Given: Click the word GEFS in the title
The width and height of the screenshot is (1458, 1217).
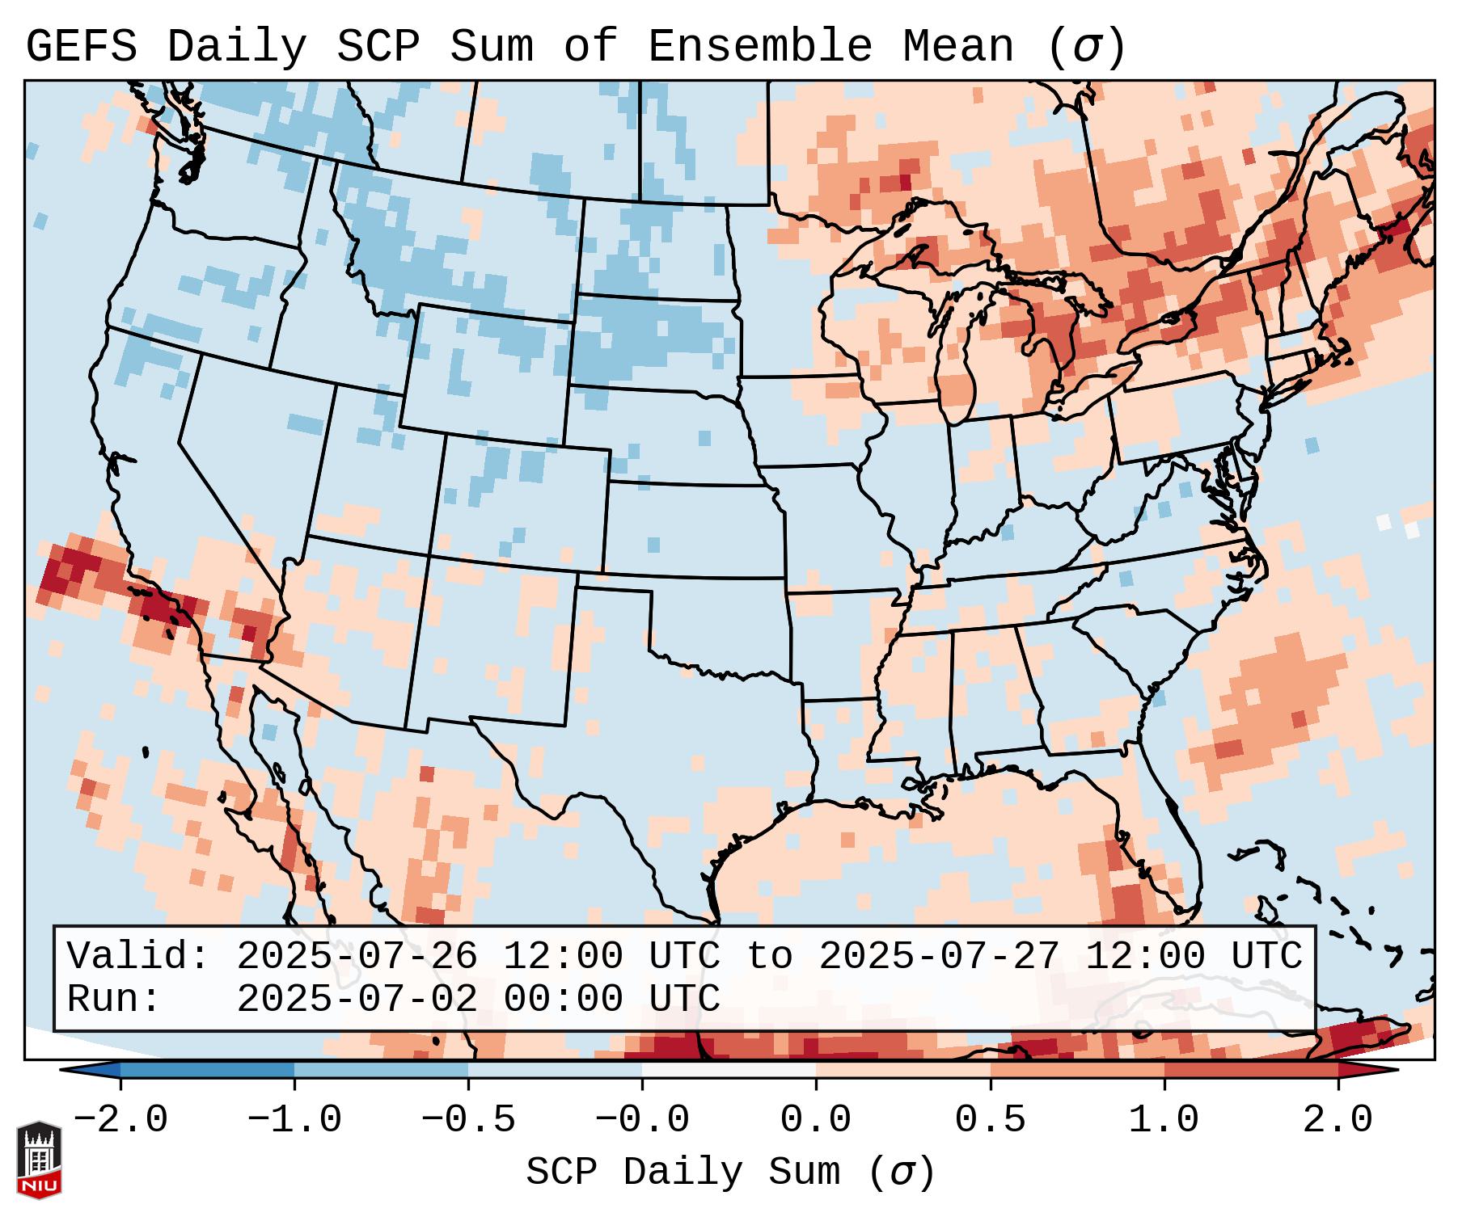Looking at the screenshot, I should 81,46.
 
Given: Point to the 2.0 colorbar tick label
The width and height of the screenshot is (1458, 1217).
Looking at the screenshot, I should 1338,1120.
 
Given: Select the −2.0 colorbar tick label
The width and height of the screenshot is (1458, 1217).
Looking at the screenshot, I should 120,1120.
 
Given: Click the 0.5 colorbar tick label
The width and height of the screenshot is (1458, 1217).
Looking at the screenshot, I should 990,1120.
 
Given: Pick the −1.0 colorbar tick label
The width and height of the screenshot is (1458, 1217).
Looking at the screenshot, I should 294,1120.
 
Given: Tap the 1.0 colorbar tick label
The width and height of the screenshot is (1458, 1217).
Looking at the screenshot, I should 1164,1120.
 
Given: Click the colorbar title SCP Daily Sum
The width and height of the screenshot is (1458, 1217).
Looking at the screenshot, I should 683,1173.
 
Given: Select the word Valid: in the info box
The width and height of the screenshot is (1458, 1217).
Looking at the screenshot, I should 138,956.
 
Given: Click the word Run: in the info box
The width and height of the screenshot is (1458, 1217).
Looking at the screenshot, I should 114,999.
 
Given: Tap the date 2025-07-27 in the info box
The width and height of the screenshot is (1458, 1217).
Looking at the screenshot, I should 939,956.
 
